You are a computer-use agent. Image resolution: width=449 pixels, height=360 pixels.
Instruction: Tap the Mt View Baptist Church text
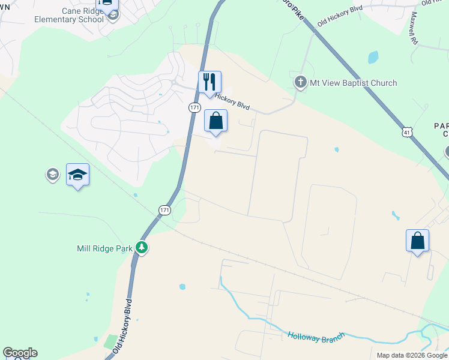pyautogui.click(x=353, y=83)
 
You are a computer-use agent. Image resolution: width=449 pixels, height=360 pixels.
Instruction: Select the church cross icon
pyautogui.click(x=301, y=82)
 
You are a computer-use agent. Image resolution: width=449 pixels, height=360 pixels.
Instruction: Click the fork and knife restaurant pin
pyautogui.click(x=209, y=82)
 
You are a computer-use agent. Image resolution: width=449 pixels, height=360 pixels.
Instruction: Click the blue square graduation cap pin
pyautogui.click(x=77, y=175)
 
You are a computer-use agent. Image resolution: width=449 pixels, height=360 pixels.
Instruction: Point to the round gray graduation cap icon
pyautogui.click(x=52, y=175)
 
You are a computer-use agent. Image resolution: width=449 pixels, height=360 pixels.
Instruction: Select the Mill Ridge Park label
pyautogui.click(x=104, y=248)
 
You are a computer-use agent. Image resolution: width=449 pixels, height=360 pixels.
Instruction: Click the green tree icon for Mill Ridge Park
pyautogui.click(x=142, y=248)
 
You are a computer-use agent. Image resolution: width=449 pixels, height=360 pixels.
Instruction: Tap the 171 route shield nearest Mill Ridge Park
pyautogui.click(x=165, y=210)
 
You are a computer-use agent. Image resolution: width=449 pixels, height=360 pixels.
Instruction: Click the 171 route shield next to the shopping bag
pyautogui.click(x=194, y=107)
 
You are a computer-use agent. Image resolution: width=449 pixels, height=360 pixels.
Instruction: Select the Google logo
pyautogui.click(x=20, y=353)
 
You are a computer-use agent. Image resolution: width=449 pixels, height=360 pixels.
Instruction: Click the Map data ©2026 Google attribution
pyautogui.click(x=411, y=355)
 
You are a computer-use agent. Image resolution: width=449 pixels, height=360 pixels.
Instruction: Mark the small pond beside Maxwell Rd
pyautogui.click(x=373, y=58)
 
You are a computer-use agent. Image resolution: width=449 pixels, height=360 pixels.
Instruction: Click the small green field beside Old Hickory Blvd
pyautogui.click(x=110, y=342)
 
